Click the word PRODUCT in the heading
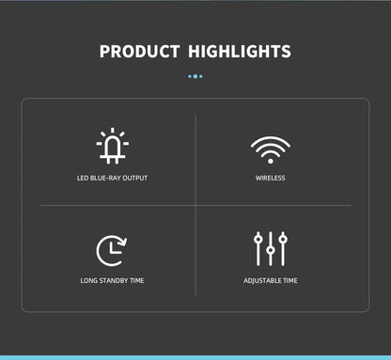(x=139, y=52)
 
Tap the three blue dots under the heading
(x=195, y=77)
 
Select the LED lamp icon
(x=112, y=148)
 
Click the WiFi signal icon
(x=270, y=149)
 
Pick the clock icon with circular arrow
(x=111, y=250)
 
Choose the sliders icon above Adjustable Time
(x=271, y=248)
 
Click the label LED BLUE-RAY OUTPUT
(x=112, y=178)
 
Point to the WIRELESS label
(x=271, y=178)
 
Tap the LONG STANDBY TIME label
(x=112, y=280)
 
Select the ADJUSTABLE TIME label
(x=271, y=280)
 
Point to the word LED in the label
(x=83, y=178)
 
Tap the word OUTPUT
(x=135, y=178)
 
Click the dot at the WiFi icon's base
(x=270, y=159)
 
